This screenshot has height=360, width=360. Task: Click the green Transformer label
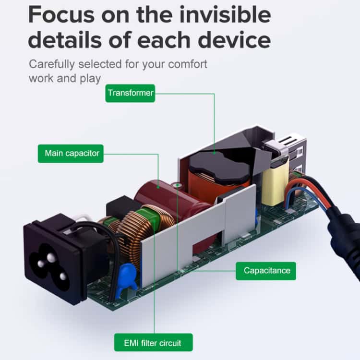pyautogui.click(x=130, y=93)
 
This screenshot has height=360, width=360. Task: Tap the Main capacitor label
pyautogui.click(x=71, y=154)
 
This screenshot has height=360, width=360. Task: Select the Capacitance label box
pyautogui.click(x=266, y=271)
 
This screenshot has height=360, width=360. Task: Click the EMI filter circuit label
pyautogui.click(x=154, y=342)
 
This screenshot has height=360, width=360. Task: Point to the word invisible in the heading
pyautogui.click(x=225, y=15)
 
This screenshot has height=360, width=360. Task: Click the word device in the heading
pyautogui.click(x=234, y=40)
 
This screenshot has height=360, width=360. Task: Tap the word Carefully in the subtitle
pyautogui.click(x=52, y=64)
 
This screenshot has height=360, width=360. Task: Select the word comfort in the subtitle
pyautogui.click(x=188, y=64)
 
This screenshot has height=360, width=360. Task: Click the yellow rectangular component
pyautogui.click(x=275, y=184)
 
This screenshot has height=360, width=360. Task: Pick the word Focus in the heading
pyautogui.click(x=61, y=15)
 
